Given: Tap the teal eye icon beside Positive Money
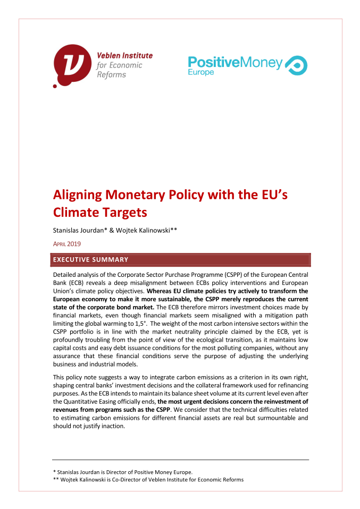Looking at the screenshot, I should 296,65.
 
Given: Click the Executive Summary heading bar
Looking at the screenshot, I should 180,260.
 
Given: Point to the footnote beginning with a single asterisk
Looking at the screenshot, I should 122,472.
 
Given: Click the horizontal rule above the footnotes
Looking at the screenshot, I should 180,460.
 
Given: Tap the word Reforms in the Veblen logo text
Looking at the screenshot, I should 111,75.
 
